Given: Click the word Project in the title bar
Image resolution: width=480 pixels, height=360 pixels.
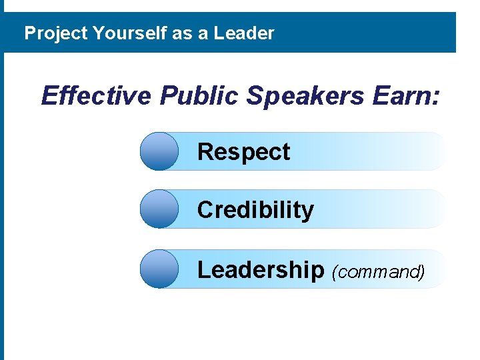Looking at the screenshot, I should (x=56, y=33).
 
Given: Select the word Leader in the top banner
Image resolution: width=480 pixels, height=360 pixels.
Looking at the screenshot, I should (x=244, y=33).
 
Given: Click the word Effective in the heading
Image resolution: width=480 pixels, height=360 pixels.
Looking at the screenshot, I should (x=97, y=96).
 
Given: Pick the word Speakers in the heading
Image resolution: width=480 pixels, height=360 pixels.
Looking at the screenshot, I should (x=304, y=96).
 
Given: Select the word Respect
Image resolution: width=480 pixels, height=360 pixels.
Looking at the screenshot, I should (x=244, y=152).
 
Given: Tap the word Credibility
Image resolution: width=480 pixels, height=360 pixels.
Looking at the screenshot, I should (x=255, y=210).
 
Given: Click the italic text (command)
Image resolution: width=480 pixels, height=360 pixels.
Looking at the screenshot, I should (x=377, y=271).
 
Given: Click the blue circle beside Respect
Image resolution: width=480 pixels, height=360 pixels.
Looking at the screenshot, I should (x=159, y=151).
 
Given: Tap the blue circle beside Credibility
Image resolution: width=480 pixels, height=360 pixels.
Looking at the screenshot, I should (x=159, y=209).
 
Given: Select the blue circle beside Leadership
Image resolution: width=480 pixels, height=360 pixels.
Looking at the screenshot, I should (x=159, y=269).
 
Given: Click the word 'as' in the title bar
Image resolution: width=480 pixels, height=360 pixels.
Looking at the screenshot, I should (x=181, y=33).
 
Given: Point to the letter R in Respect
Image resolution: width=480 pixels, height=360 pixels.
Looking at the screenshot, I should (x=205, y=152).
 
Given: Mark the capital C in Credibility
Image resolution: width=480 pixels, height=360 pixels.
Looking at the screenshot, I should (x=205, y=210).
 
